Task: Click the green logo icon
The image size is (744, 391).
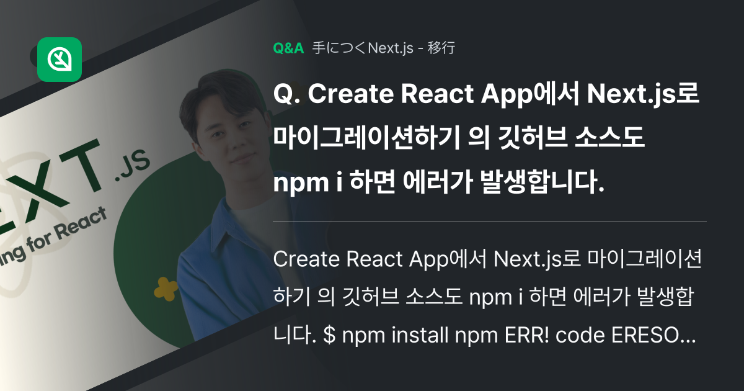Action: pos(60,60)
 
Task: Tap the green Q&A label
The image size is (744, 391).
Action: pos(288,48)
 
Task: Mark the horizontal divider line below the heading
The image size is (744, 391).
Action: pos(489,222)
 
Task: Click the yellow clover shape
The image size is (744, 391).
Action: pos(166,287)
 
